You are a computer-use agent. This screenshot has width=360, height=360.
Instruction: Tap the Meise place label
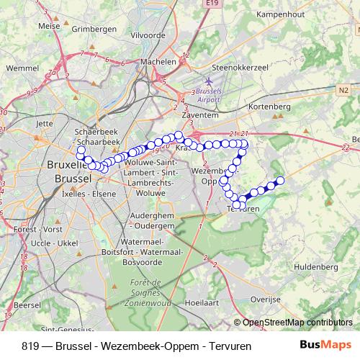click(49, 25)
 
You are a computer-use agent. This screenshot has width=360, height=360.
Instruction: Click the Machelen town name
click(158, 62)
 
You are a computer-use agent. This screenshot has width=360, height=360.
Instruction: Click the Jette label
click(45, 123)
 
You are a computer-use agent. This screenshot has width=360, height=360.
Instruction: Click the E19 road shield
click(210, 4)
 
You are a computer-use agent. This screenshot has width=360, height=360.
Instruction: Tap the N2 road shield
click(342, 90)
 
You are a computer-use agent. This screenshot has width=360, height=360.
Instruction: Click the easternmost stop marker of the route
click(281, 180)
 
